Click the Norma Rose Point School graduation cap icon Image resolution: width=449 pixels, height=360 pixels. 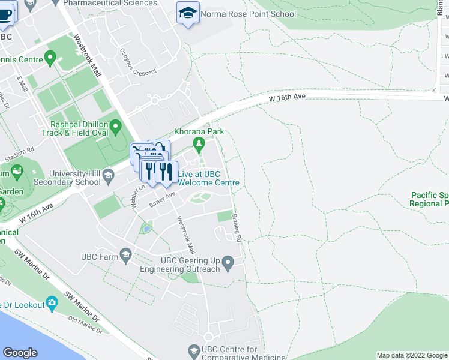[x=188, y=13]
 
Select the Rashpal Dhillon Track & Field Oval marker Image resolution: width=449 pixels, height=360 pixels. [x=115, y=127]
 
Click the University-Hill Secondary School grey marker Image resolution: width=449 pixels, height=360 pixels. [x=109, y=176]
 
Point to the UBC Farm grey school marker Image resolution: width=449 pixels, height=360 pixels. [x=125, y=256]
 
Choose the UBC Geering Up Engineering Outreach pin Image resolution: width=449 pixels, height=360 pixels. [x=228, y=262]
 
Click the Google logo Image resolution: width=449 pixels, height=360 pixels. [x=20, y=353]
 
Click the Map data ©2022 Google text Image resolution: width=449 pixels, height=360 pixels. [x=411, y=355]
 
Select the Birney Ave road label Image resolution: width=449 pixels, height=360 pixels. [x=162, y=198]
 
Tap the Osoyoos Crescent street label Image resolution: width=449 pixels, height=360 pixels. [x=137, y=62]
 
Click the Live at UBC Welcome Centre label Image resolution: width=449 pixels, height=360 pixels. [x=208, y=178]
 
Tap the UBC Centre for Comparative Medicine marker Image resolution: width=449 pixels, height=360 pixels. [x=194, y=350]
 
